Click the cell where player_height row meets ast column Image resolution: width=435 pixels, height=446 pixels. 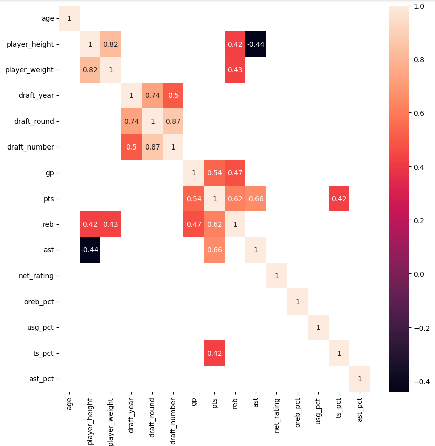[x=256, y=44]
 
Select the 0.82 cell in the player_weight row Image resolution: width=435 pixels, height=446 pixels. [x=90, y=70]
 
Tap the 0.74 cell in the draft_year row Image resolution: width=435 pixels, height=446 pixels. [x=152, y=95]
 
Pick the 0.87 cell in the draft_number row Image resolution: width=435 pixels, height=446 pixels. [x=152, y=147]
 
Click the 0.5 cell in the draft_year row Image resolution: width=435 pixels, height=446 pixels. [x=173, y=95]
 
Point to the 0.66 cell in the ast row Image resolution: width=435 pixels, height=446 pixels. [x=214, y=250]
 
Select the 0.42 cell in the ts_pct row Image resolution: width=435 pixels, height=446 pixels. [x=214, y=353]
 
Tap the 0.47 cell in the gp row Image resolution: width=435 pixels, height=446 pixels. [x=235, y=173]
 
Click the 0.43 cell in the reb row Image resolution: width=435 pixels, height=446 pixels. [x=111, y=224]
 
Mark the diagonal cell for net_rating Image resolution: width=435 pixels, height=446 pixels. [x=276, y=276]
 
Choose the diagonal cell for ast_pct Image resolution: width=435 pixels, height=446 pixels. [x=359, y=379]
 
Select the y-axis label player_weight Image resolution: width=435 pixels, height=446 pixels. [x=29, y=70]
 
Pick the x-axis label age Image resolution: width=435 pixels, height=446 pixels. [x=69, y=404]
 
